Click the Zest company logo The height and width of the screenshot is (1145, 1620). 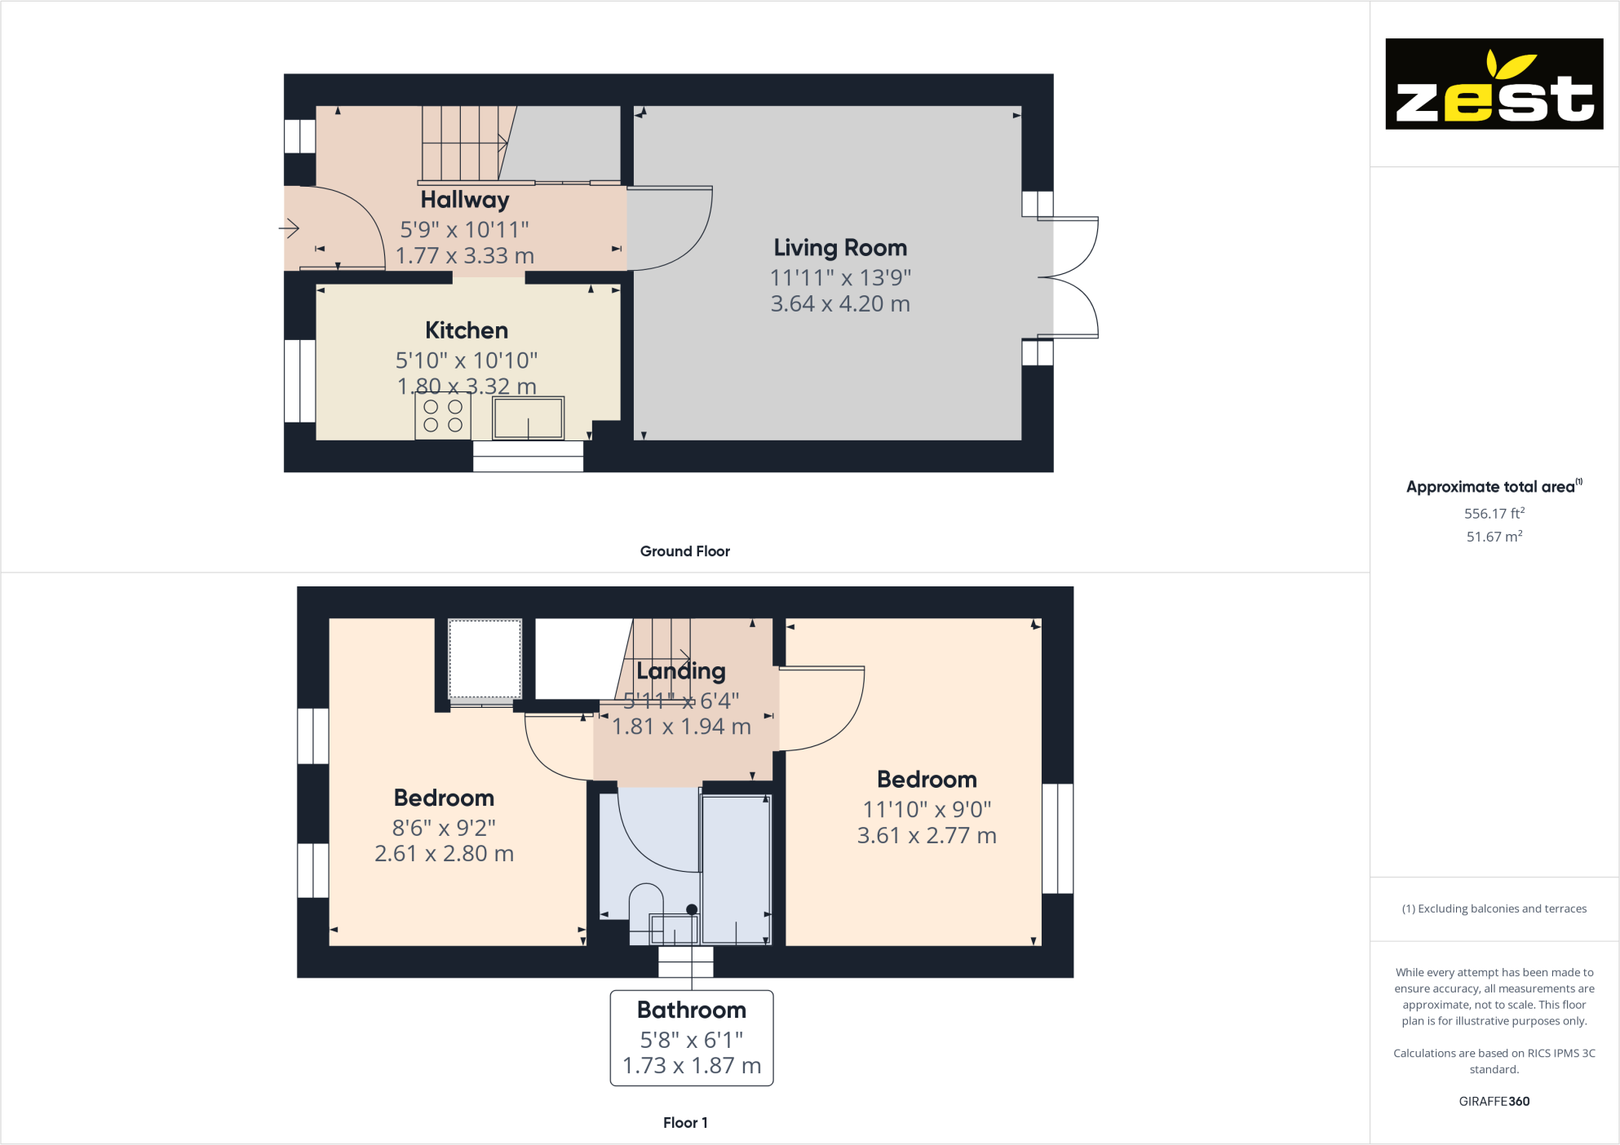[1494, 84]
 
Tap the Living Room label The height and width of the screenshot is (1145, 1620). [839, 248]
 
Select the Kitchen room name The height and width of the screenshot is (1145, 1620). [466, 330]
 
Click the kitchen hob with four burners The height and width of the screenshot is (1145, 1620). [443, 416]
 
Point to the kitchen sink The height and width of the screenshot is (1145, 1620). [528, 418]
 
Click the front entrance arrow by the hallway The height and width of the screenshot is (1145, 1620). [290, 228]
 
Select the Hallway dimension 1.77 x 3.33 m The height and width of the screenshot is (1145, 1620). [464, 256]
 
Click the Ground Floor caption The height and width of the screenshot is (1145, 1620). [684, 551]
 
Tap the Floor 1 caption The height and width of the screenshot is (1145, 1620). [684, 1123]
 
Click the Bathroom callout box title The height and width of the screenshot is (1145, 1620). [691, 1010]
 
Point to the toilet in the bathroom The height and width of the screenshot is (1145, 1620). [646, 909]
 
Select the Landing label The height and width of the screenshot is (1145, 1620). [680, 671]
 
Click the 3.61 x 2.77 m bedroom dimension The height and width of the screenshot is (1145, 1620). [926, 836]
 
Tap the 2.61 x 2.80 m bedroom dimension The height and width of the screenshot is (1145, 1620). [444, 854]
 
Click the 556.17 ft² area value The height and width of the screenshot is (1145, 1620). [1493, 514]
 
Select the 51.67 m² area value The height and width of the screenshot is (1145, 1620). [1493, 537]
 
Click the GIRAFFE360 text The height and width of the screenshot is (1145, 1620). [1494, 1102]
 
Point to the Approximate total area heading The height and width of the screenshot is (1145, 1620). [1492, 487]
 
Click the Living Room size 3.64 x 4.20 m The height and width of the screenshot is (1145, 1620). [839, 304]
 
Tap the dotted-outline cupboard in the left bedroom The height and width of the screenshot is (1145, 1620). [485, 659]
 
